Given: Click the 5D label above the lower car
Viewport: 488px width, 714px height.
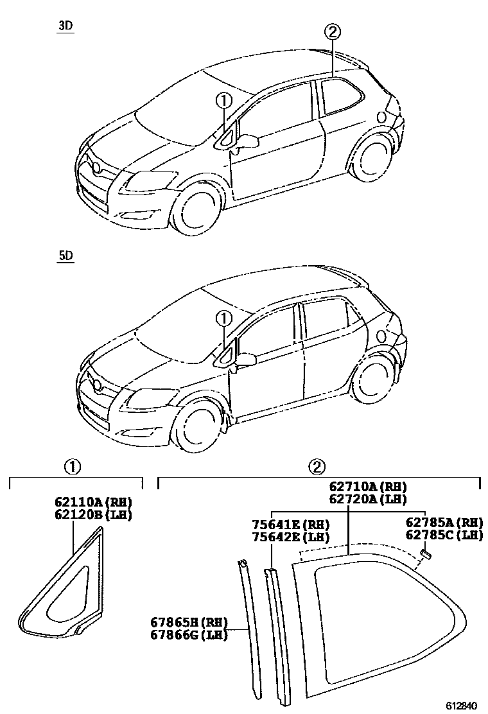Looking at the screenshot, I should click(65, 256).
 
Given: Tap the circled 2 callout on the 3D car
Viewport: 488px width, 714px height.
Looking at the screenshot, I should click(332, 31).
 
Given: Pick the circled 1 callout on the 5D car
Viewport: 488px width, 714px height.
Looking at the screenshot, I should click(223, 317).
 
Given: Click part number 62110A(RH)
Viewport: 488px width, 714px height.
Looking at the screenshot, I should click(92, 502).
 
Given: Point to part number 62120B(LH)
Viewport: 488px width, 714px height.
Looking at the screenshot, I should click(92, 514).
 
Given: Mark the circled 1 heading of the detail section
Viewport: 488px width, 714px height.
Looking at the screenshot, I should click(74, 467).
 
